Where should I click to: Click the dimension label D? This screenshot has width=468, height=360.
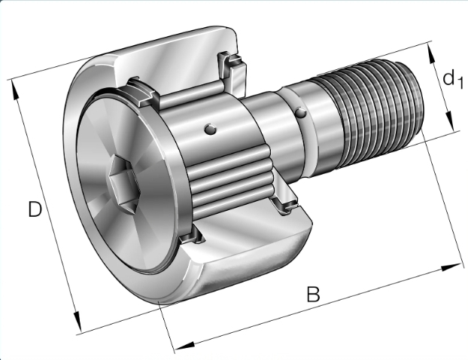35,209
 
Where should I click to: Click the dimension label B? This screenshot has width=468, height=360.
313,294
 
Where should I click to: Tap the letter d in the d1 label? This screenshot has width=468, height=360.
448,78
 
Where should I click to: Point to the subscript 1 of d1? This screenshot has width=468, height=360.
460,82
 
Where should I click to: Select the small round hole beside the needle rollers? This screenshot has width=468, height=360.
211,129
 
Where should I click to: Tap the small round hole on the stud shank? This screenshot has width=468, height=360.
301,112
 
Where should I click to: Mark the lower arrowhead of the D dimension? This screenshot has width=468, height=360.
77,322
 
